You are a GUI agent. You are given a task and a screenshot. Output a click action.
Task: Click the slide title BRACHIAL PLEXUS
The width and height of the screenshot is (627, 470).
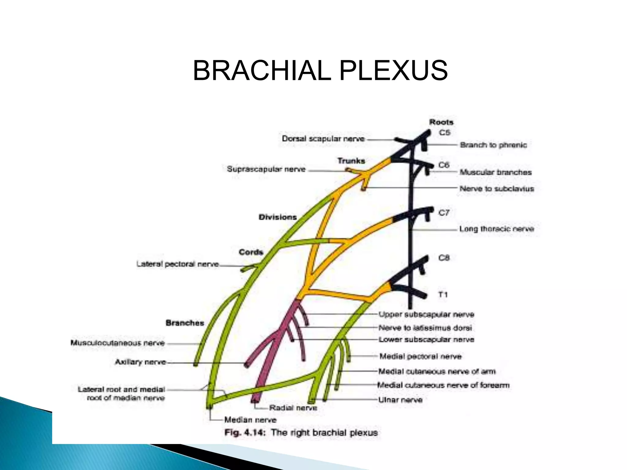(320, 71)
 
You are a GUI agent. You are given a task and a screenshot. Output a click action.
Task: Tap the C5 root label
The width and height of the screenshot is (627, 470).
(445, 132)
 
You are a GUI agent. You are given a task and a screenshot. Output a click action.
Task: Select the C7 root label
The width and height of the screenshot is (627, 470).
(444, 213)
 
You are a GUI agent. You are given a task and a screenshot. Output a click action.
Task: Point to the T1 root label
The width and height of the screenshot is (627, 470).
(443, 295)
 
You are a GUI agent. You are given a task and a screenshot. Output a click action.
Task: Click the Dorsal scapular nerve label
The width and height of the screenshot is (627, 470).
(323, 139)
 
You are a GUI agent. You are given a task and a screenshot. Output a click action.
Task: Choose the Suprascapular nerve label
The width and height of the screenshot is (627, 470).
(266, 169)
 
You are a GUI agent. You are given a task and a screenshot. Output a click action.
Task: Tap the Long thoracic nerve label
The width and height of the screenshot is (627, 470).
(497, 229)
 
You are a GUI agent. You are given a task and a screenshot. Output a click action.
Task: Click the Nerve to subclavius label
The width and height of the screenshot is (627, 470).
(497, 188)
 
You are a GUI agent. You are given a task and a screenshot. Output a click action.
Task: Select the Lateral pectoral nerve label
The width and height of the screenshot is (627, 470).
(178, 264)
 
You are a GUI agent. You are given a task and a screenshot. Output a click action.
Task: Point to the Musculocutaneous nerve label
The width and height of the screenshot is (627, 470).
(118, 343)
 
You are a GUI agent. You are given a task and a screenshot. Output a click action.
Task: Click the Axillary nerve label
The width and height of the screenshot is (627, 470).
(141, 362)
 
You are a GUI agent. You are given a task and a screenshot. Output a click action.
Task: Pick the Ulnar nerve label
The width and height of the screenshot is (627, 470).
(400, 400)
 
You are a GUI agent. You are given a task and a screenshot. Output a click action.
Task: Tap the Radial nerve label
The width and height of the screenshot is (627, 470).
(293, 408)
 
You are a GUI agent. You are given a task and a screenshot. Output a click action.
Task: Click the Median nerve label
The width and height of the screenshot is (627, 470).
(250, 420)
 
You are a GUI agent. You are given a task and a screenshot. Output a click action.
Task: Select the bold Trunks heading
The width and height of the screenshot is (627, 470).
(351, 161)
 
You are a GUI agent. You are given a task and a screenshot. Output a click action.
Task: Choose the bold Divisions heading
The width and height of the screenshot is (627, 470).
(278, 217)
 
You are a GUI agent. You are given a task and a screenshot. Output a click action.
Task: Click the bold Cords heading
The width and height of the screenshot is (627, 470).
(251, 252)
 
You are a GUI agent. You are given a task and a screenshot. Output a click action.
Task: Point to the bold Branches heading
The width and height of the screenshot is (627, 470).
(185, 323)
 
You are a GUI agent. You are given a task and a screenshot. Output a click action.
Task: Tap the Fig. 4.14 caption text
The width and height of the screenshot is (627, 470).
(301, 433)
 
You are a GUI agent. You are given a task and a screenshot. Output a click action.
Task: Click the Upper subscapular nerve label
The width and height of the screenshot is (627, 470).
(426, 314)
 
